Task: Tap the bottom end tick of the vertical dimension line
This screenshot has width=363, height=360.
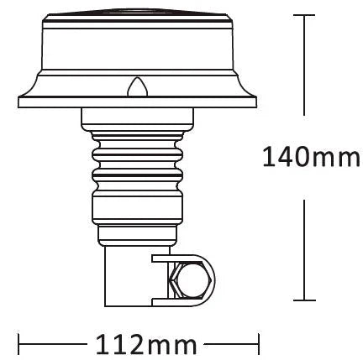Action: click(302, 300)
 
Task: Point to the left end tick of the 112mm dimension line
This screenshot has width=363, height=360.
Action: click(19, 344)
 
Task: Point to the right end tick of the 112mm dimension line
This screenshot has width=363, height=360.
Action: click(258, 344)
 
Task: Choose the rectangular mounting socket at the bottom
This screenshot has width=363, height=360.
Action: click(130, 277)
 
